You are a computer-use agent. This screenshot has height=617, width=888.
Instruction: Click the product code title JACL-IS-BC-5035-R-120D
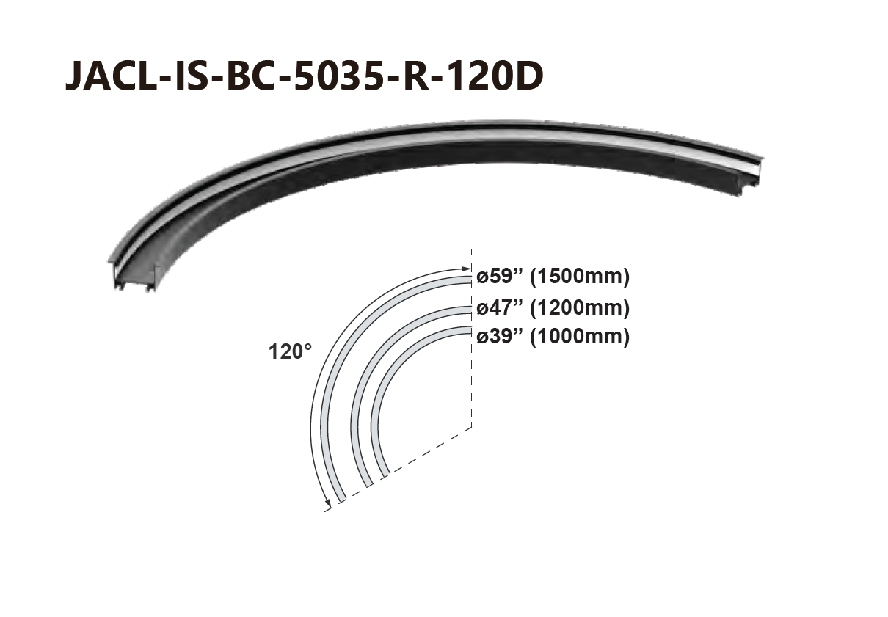[x=304, y=76]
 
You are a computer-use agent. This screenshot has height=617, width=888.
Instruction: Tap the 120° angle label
[x=290, y=351]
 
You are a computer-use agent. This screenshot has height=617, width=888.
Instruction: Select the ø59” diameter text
[x=501, y=276]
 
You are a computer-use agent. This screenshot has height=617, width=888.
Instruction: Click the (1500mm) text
[x=580, y=277]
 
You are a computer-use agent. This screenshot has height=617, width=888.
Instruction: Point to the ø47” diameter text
[x=501, y=308]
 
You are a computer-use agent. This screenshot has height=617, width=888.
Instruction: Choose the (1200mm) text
[x=580, y=309]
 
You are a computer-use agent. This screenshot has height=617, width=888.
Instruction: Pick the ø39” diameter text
[x=501, y=337]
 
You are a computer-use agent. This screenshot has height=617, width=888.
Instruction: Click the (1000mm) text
[x=580, y=337]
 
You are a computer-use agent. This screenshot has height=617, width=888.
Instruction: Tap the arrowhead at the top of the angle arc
[x=466, y=269]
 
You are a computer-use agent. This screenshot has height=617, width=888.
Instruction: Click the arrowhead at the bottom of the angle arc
[x=328, y=504]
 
